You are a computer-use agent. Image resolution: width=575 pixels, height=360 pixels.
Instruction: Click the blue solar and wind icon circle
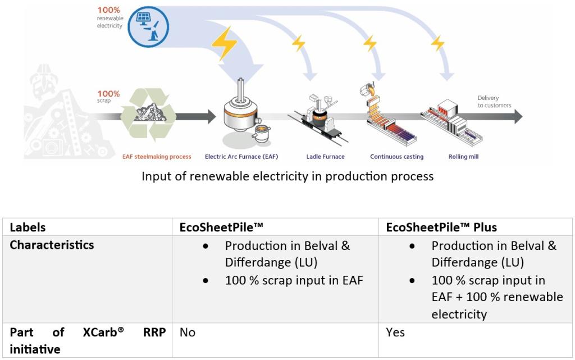148,27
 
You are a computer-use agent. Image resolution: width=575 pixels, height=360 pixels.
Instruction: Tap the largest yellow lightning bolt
224,43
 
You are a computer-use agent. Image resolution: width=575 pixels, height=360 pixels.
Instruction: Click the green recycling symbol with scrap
148,115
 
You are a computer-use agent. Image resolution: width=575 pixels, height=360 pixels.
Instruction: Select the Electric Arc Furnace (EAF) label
241,157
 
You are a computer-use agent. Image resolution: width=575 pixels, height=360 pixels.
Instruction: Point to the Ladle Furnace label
325,157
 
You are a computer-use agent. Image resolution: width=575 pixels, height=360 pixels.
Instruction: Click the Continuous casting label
396,157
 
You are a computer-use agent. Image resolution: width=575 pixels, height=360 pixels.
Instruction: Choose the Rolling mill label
463,157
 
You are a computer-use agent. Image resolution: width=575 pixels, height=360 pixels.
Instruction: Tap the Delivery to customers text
494,102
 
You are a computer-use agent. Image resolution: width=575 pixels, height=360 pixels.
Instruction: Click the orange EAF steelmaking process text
157,157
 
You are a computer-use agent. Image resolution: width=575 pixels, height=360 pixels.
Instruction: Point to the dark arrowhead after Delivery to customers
517,117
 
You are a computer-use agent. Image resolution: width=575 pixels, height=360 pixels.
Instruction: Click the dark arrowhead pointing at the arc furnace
212,117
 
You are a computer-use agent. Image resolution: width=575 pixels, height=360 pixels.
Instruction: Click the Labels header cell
28,227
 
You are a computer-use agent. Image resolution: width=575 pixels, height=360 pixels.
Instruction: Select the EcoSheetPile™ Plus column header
441,227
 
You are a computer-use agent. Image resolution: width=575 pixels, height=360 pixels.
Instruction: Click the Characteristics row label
52,245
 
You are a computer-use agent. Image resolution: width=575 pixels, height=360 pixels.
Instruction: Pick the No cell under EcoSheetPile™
188,332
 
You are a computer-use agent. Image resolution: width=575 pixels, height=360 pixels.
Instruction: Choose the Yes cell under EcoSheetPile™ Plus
395,332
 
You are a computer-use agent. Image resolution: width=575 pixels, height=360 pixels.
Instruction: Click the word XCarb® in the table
103,332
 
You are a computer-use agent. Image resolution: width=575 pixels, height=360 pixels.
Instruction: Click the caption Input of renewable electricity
287,176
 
